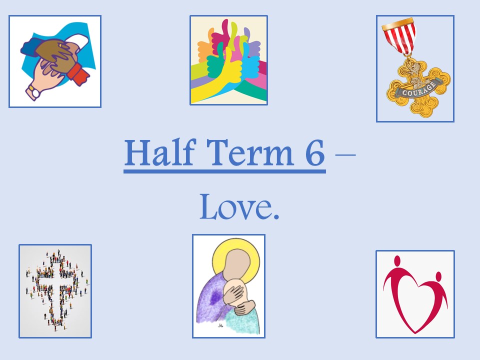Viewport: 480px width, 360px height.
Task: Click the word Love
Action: click(235, 207)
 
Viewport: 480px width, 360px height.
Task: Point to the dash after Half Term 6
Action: click(345, 155)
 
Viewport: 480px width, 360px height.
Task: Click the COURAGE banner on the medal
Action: click(418, 88)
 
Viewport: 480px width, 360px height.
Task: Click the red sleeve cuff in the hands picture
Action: click(78, 74)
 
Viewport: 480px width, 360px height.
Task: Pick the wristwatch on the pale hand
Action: click(33, 92)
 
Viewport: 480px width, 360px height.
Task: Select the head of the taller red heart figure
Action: click(397, 261)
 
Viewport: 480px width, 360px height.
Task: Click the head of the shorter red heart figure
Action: click(438, 276)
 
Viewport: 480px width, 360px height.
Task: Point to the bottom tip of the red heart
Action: click(415, 333)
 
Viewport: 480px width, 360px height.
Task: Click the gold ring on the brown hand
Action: click(60, 45)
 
